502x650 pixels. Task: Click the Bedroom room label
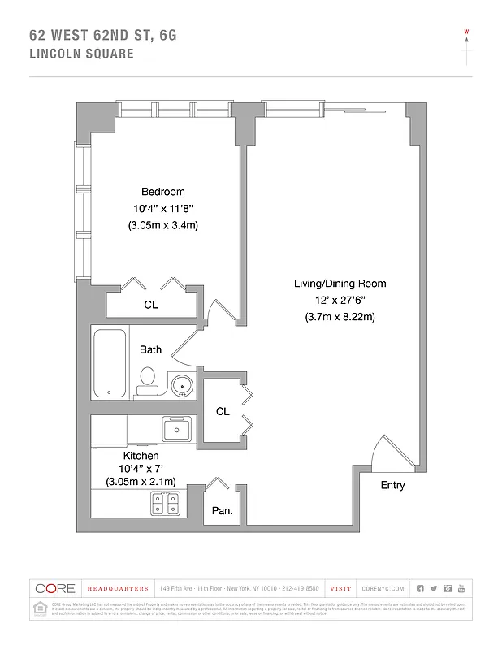coord(162,192)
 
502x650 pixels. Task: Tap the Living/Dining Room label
coord(340,284)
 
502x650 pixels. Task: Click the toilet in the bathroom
coord(147,380)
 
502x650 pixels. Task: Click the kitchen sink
coord(176,427)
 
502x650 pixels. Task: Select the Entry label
coord(392,486)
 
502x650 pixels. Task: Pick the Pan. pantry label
coord(222,511)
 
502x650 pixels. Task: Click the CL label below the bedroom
coord(150,305)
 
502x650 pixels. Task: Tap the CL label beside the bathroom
coord(223,412)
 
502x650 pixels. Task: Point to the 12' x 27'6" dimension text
coord(340,300)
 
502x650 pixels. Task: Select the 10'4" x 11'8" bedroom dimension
coord(162,208)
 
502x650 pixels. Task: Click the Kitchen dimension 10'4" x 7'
coord(141,469)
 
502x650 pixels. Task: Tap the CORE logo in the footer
coord(54,588)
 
